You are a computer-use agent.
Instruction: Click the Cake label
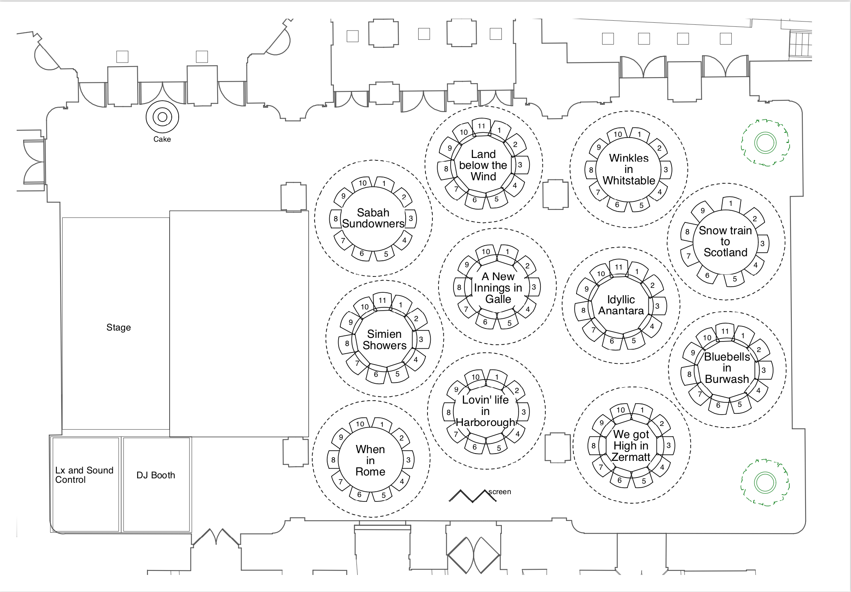tap(162, 139)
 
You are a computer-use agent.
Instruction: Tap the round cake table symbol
tap(162, 117)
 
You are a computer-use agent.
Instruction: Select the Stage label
tap(119, 328)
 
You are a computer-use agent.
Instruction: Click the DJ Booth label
tap(156, 475)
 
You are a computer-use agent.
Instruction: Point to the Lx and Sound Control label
tap(84, 475)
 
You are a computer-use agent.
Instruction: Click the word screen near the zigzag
tap(500, 492)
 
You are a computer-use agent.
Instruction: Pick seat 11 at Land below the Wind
tap(482, 126)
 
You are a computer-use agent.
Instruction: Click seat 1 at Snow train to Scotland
tap(731, 203)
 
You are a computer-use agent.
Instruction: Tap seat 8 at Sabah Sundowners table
tap(336, 219)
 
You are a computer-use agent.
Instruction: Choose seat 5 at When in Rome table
tap(384, 495)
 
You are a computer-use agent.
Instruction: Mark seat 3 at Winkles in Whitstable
tap(666, 170)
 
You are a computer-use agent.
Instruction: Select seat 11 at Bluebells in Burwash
tap(725, 331)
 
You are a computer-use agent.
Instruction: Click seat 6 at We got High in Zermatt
tap(620, 480)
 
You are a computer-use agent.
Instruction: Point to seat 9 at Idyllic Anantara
tap(586, 289)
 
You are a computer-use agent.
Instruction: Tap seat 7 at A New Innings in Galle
tap(466, 309)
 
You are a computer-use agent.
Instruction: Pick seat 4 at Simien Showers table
tap(416, 360)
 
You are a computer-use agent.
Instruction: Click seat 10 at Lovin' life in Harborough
tap(475, 377)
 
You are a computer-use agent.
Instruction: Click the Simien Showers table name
tap(384, 340)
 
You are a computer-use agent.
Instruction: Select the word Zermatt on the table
tap(631, 457)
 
